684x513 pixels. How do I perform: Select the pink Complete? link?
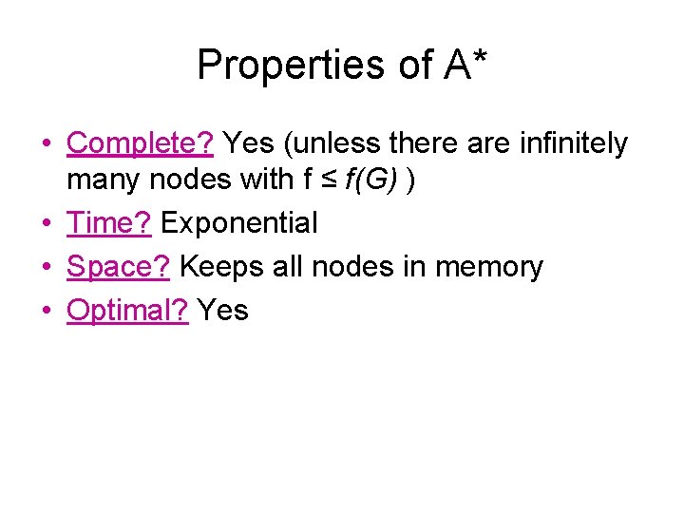coord(141,143)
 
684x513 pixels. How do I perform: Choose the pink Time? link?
coord(109,224)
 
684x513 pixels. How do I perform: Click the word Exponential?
coord(238,224)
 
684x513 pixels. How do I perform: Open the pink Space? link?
coord(119,267)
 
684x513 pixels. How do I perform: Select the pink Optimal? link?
coord(128,310)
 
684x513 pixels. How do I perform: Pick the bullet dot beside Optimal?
coord(46,312)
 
